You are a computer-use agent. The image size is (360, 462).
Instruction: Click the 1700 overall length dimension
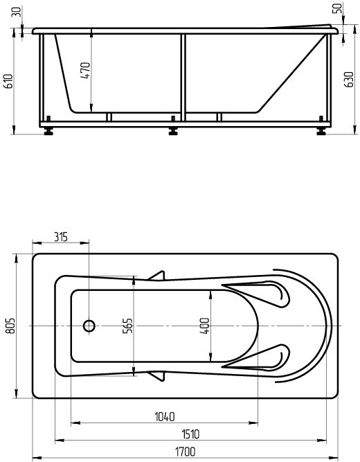[186, 452]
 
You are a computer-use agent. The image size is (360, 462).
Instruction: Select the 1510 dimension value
[190, 434]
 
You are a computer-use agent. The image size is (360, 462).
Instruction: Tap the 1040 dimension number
[165, 417]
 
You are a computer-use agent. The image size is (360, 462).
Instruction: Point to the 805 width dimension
[10, 326]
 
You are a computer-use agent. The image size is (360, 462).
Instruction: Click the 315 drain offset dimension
[61, 237]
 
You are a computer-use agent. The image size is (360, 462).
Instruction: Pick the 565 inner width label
[127, 326]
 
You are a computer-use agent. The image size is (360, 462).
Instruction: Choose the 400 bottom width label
[204, 326]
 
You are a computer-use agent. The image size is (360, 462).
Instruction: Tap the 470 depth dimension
[85, 70]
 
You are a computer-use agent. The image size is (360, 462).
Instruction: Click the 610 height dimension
[8, 81]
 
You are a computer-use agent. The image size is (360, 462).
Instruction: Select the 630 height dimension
[349, 79]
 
